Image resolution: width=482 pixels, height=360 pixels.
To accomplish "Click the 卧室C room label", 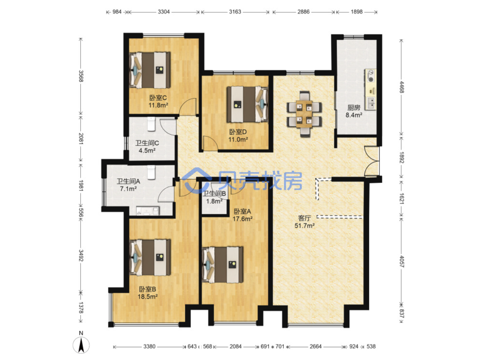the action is [158, 97].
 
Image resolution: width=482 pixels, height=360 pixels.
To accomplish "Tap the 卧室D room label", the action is [238, 132].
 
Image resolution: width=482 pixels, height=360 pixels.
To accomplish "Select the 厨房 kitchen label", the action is [354, 108].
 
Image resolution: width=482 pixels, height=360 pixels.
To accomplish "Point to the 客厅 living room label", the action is [304, 218].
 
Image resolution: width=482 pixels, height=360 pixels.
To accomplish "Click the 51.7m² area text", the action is [304, 226].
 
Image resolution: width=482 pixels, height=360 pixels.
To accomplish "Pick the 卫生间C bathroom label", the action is [147, 143].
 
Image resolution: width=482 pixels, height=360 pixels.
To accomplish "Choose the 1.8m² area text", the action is [214, 201].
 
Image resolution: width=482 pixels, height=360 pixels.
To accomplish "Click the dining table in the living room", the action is [304, 114].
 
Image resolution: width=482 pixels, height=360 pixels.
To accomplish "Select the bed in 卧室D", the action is [247, 104].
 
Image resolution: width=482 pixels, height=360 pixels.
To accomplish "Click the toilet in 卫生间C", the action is [151, 124].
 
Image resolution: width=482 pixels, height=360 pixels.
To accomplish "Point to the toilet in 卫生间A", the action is [151, 172].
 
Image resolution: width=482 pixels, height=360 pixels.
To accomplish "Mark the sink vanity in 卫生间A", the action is [148, 211].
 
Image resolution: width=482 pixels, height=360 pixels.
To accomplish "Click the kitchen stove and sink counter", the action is [371, 90].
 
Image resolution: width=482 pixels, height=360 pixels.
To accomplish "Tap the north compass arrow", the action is [81, 345].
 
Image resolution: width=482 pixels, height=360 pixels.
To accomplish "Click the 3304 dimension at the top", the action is [163, 12].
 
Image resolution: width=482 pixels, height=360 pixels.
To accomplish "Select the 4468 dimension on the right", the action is [401, 87].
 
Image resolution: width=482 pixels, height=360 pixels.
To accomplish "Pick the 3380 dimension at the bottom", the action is [149, 346].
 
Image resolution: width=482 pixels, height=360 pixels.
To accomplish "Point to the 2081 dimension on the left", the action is [81, 139].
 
